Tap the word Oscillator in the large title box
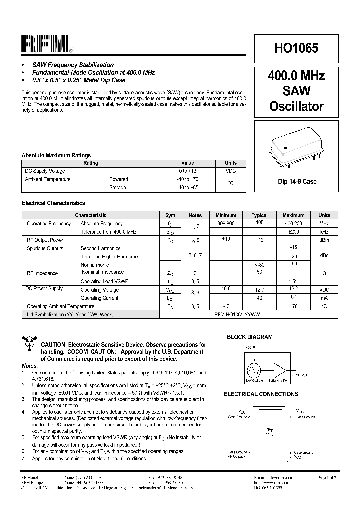296,106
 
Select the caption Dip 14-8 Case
297,182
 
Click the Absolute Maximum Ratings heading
56,155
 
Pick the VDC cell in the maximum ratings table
231,171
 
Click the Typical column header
259,215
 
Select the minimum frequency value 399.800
226,223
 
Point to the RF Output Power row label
45,240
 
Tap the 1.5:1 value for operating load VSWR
293,281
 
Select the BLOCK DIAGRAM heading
250,337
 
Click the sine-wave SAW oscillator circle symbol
253,370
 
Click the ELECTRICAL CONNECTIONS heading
261,394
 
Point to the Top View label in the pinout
270,432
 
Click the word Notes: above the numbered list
30,365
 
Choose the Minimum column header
226,215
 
